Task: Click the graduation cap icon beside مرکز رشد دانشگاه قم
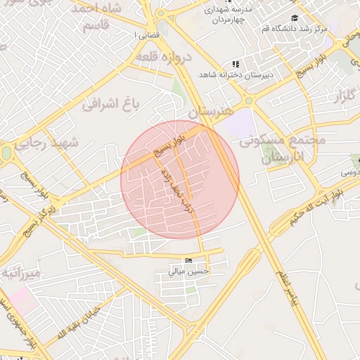295,18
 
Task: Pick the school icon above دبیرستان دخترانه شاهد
236,64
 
